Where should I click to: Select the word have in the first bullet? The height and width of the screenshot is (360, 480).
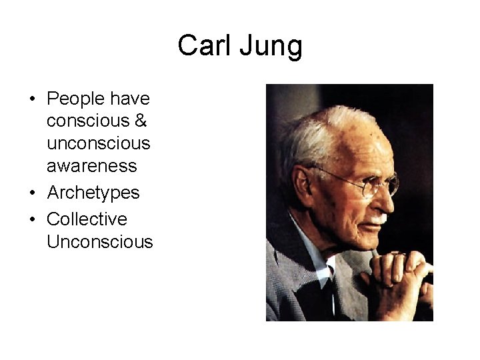pos(132,99)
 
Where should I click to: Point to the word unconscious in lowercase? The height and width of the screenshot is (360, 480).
pos(99,143)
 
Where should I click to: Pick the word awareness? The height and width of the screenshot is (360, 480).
pos(91,165)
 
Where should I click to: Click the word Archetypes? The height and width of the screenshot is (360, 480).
pos(93,193)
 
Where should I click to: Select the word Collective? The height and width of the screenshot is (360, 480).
pos(87,219)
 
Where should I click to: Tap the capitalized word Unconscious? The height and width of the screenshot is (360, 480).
pos(99,241)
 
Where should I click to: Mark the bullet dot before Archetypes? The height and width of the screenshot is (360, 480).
pos(33,193)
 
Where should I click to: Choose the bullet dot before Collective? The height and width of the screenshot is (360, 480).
pos(33,219)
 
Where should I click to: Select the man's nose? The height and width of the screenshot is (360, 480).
pos(391,197)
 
